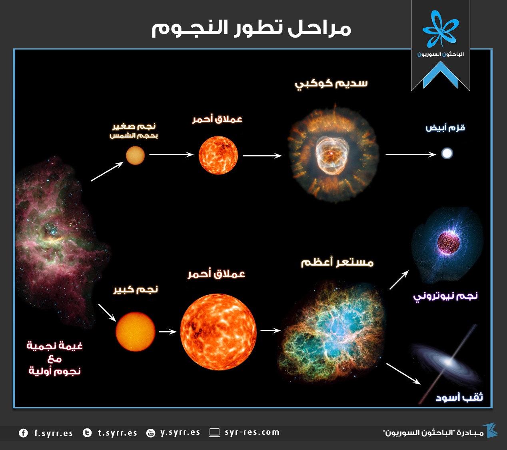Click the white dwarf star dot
(x=447, y=153)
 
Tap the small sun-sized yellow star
(x=135, y=156)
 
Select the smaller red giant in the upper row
(x=218, y=155)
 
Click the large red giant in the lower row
(x=218, y=331)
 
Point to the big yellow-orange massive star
(x=135, y=332)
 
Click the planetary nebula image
(x=333, y=154)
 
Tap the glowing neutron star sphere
(x=448, y=242)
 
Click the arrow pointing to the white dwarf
(x=410, y=154)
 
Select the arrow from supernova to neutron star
(x=399, y=280)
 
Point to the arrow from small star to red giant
(x=171, y=154)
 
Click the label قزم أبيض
(x=445, y=128)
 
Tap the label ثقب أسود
(x=459, y=397)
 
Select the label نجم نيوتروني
(x=445, y=296)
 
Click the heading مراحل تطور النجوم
(x=251, y=28)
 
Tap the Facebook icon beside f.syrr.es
(x=23, y=433)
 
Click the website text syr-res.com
(x=252, y=432)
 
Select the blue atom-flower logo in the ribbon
(x=440, y=30)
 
